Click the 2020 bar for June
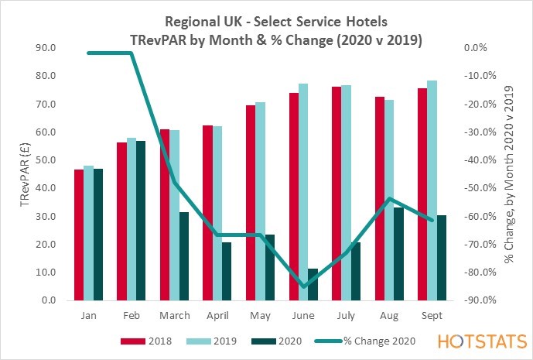(313, 284)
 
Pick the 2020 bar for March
(184, 256)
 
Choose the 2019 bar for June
(303, 192)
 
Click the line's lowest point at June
(303, 286)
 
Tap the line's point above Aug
(389, 199)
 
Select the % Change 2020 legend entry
(361, 340)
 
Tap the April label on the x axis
(217, 316)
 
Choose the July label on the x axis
(346, 316)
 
